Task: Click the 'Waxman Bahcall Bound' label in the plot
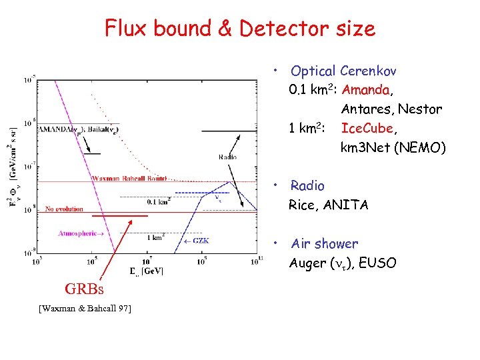pyautogui.click(x=129, y=179)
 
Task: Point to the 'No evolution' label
pyautogui.click(x=65, y=209)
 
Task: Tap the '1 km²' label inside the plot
pyautogui.click(x=156, y=237)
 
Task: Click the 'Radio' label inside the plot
pyautogui.click(x=227, y=157)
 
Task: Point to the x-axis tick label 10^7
pyautogui.click(x=147, y=261)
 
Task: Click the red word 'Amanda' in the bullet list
pyautogui.click(x=367, y=89)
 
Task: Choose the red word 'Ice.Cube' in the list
pyautogui.click(x=366, y=128)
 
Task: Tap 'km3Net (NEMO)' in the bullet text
pyautogui.click(x=393, y=147)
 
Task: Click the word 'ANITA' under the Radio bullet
pyautogui.click(x=345, y=205)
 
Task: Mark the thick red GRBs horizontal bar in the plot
pyautogui.click(x=120, y=217)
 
